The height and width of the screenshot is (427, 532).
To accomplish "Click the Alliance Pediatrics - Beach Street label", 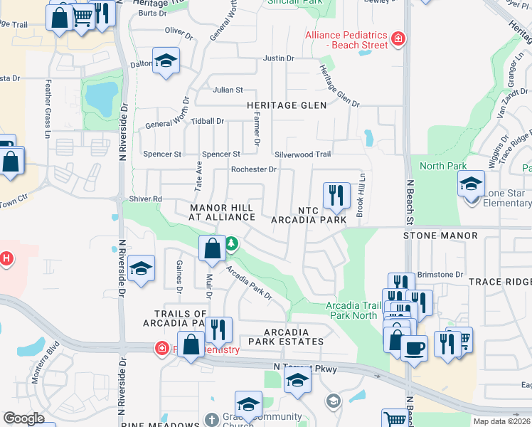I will (x=346, y=40).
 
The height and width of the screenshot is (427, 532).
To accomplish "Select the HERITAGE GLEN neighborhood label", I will (x=287, y=105).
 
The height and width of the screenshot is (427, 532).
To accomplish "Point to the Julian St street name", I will (x=228, y=90).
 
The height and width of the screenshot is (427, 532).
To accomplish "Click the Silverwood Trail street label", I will (x=303, y=154).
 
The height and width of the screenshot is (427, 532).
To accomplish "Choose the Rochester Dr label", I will (x=253, y=169).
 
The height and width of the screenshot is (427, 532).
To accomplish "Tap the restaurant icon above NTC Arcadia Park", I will (x=336, y=194).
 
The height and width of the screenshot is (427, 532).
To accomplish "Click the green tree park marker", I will (x=231, y=245).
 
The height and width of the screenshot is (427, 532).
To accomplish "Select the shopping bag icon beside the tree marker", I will (x=212, y=249).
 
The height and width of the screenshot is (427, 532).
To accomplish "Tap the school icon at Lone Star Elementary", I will (x=471, y=184).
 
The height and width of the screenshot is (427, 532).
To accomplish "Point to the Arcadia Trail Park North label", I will (x=351, y=310).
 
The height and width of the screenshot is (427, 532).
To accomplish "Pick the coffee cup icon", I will (x=414, y=348).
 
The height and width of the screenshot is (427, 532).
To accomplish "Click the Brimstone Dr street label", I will (x=440, y=274).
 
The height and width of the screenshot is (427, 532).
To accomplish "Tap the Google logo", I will (x=23, y=418).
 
